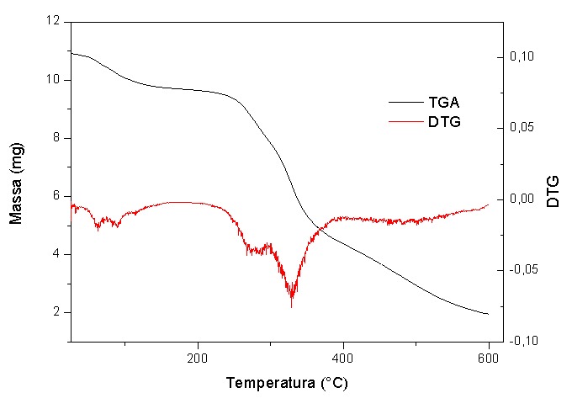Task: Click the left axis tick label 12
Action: [x=55, y=22]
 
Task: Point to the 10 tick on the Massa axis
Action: [x=55, y=80]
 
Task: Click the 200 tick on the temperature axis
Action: [x=198, y=357]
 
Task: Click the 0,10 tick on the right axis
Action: [x=522, y=57]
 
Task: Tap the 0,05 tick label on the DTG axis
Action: [x=522, y=128]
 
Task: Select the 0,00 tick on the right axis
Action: [x=522, y=199]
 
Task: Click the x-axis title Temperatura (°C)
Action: [x=286, y=383]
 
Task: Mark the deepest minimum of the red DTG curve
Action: [x=291, y=307]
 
